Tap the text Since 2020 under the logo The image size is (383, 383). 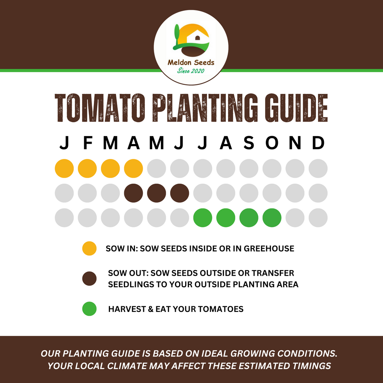(x=191, y=71)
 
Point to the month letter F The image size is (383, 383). (x=88, y=143)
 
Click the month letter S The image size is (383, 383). (x=249, y=143)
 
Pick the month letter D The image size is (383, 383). (x=318, y=143)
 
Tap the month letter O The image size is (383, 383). (x=272, y=143)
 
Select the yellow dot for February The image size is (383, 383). (x=88, y=168)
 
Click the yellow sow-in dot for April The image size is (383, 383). (x=134, y=168)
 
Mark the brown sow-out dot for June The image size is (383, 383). (x=180, y=193)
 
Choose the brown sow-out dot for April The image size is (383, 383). (x=134, y=193)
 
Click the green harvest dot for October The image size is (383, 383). (x=272, y=218)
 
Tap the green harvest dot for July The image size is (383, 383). (x=203, y=218)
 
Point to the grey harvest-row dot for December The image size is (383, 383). (x=318, y=218)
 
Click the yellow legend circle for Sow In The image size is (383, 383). (x=89, y=248)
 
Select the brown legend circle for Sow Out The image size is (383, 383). (x=89, y=279)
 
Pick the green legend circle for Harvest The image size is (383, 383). (x=89, y=309)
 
